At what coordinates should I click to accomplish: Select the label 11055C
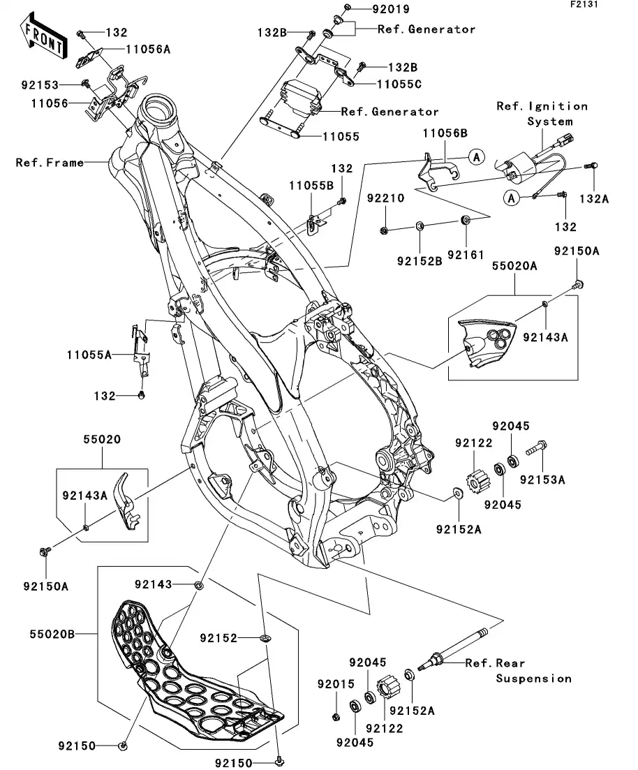pyautogui.click(x=383, y=84)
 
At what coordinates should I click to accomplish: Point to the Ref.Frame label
pyautogui.click(x=50, y=163)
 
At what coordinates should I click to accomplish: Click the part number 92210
pyautogui.click(x=386, y=198)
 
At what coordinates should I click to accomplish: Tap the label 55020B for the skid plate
pyautogui.click(x=52, y=634)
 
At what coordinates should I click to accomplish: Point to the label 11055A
pyautogui.click(x=89, y=355)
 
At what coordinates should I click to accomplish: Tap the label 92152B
pyautogui.click(x=420, y=262)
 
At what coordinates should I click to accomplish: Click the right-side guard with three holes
pyautogui.click(x=485, y=342)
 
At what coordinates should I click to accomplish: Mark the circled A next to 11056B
pyautogui.click(x=475, y=157)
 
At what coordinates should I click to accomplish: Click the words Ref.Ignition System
pyautogui.click(x=542, y=114)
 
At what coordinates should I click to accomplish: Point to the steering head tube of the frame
pyautogui.click(x=158, y=112)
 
